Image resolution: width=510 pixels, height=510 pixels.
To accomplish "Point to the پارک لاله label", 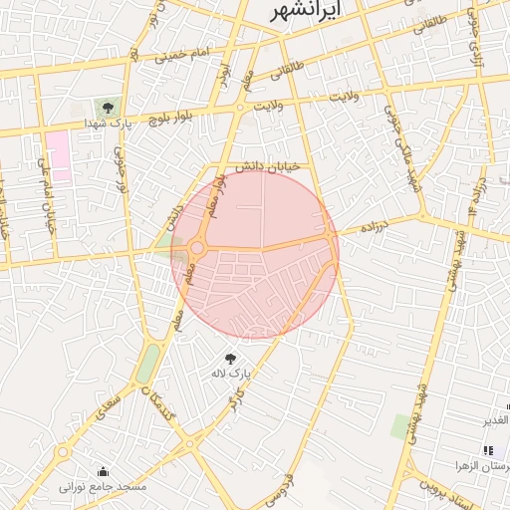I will click(227, 374).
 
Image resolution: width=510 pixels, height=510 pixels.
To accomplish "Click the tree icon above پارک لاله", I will click(231, 357).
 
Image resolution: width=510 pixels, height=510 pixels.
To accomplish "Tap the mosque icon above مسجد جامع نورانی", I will click(103, 471).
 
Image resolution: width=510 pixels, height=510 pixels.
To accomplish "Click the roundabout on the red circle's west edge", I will click(197, 248).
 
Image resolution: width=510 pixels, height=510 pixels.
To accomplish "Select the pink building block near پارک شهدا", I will click(58, 155).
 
